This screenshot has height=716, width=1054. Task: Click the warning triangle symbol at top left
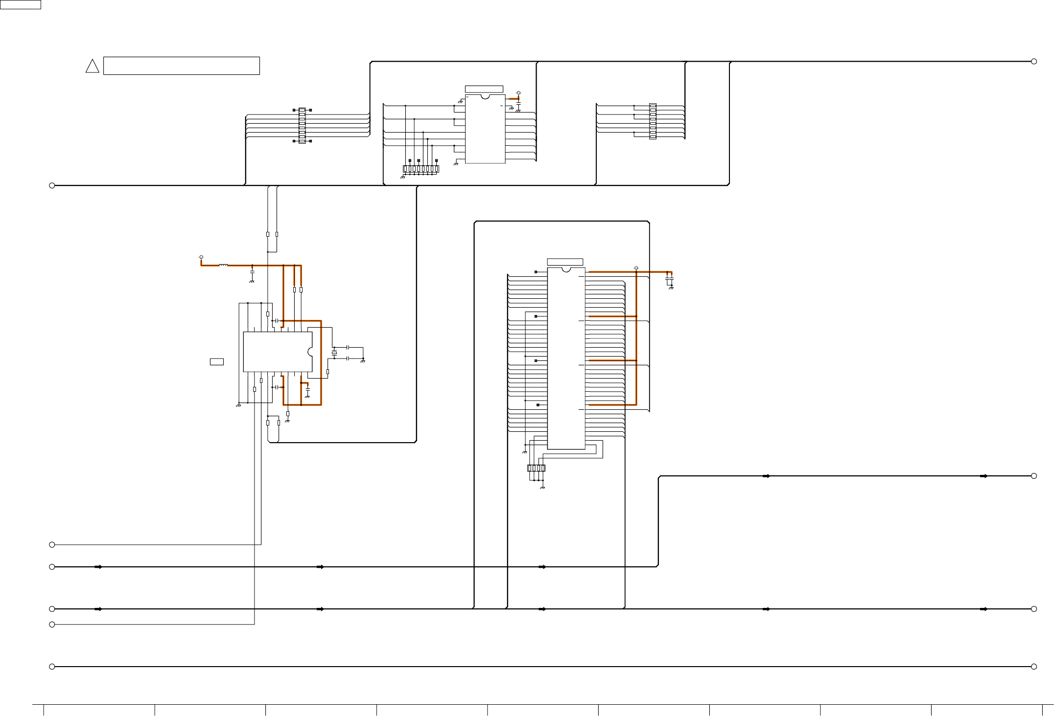coord(92,67)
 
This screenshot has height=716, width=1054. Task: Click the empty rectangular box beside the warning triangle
coord(181,66)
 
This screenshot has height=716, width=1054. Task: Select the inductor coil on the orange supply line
coord(223,266)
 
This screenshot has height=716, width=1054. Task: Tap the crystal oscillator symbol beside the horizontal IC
coord(334,353)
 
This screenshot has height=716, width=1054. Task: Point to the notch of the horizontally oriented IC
coord(310,352)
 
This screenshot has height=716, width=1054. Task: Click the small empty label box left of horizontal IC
coord(216,361)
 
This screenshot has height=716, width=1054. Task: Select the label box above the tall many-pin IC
coord(565,262)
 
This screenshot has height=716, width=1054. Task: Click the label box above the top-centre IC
coord(484,89)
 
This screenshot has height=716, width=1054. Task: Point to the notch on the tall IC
coord(566,269)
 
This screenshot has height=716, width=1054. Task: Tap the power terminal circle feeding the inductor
coord(201,257)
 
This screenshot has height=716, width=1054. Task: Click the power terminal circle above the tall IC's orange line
coord(636,268)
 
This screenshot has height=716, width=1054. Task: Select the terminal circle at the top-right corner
coord(1034,61)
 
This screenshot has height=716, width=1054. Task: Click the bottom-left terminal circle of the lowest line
coord(52,667)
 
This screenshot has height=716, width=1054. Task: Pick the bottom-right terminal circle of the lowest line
coord(1034,667)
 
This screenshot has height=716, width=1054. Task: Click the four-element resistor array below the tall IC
coord(536,468)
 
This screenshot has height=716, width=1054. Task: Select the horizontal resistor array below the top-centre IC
coord(421,169)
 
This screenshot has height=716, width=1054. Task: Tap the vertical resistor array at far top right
coord(653,121)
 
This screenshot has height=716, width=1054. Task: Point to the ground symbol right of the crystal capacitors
coord(363,360)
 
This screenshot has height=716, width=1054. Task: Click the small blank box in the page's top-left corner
coord(20,4)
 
